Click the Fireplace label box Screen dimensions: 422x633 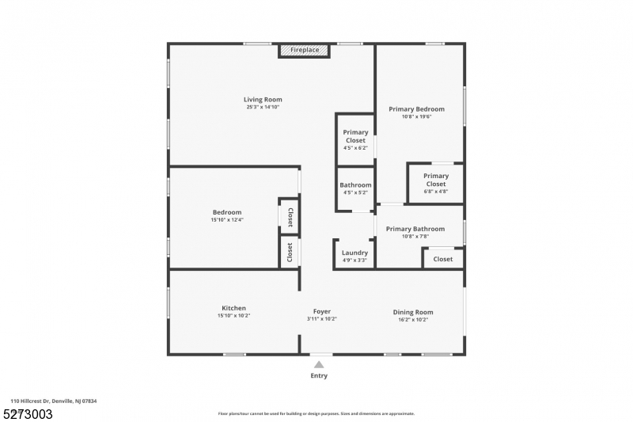[x=304, y=51]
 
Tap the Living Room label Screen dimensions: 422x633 [x=263, y=99]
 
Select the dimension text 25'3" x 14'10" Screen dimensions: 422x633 [x=263, y=107]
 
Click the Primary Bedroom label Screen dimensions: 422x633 [x=416, y=108]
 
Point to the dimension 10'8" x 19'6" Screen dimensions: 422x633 [x=416, y=117]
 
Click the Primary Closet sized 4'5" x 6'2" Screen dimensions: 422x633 [x=355, y=136]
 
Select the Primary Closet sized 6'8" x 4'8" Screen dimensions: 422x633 [x=435, y=180]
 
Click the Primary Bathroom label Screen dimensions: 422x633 [x=415, y=229]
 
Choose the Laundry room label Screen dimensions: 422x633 [x=354, y=253]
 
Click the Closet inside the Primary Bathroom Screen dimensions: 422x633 [x=443, y=259]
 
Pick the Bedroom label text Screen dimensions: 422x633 [x=226, y=212]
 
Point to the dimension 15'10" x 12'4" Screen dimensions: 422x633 [x=226, y=220]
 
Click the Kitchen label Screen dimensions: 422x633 [x=233, y=308]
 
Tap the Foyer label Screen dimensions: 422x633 [x=321, y=311]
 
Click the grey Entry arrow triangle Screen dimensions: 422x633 [x=319, y=364]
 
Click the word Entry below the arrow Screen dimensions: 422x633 [x=319, y=375]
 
